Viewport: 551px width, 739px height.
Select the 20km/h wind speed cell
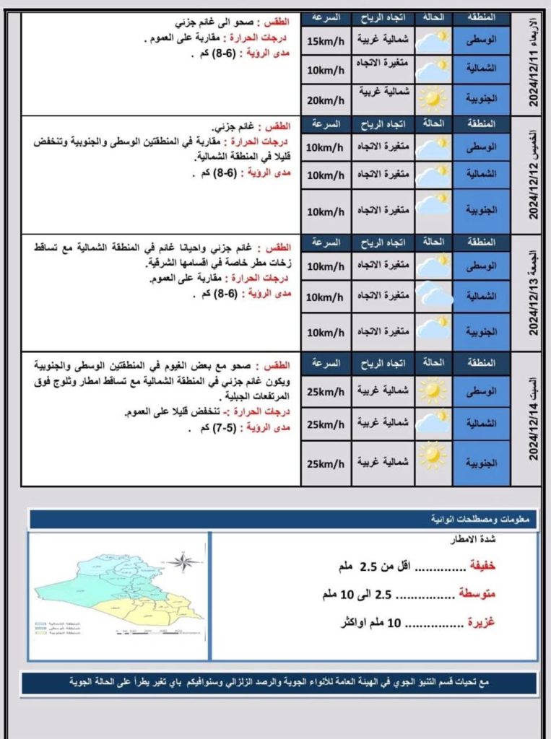(x=326, y=100)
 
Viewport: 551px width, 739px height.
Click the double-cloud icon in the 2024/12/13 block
(x=434, y=296)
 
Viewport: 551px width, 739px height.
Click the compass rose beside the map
(x=184, y=561)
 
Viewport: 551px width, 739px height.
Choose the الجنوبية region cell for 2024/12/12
(x=482, y=211)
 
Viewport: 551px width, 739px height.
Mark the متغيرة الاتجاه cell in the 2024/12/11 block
(x=383, y=69)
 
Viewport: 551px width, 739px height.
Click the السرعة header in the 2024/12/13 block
(x=326, y=242)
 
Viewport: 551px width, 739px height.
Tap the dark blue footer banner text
(x=278, y=681)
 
